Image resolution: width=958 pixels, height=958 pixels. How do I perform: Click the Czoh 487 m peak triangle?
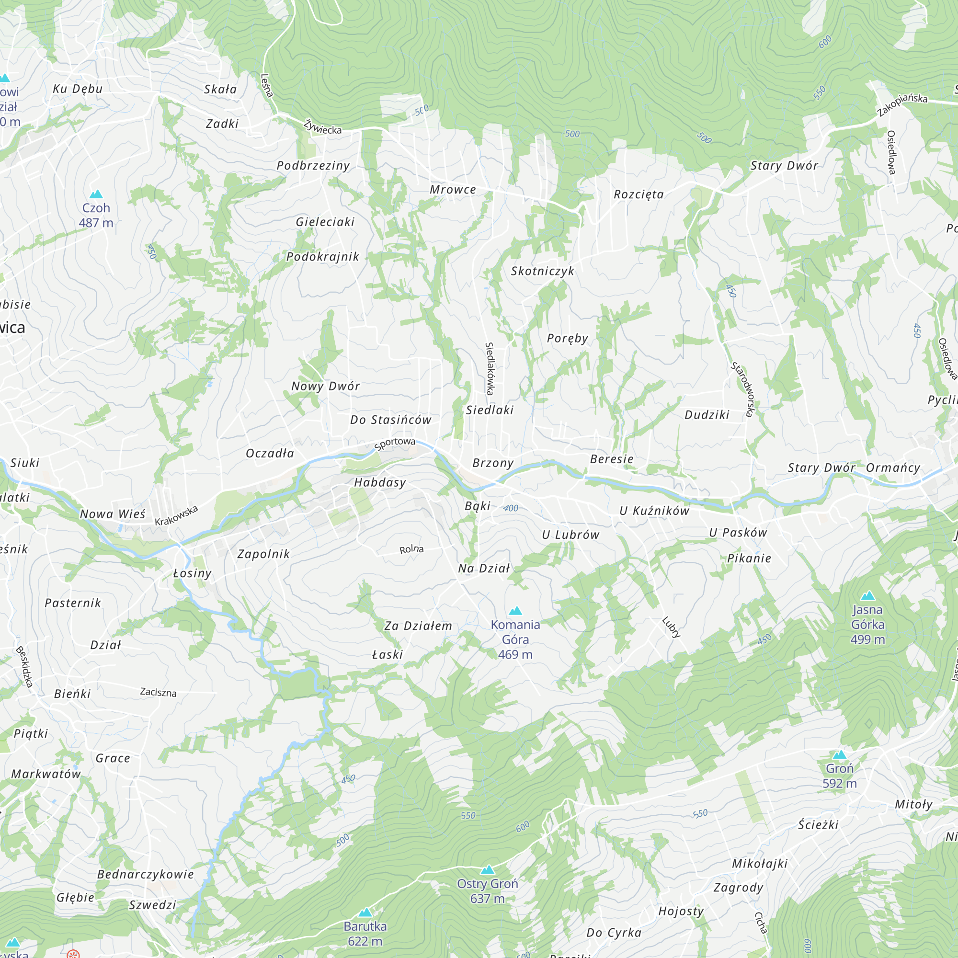[96, 194]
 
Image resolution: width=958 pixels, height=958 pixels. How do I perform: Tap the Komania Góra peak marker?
[516, 610]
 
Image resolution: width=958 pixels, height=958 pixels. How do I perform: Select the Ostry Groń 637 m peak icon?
[488, 870]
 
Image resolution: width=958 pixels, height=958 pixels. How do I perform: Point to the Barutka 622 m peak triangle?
[365, 912]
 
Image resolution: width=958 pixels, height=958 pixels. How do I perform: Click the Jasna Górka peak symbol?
[868, 595]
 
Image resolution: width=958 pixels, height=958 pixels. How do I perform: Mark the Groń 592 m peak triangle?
[840, 755]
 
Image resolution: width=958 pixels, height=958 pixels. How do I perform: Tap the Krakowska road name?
[177, 515]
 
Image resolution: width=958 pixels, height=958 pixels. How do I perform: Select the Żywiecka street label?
[323, 126]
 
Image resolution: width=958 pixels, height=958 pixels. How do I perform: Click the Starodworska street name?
[742, 389]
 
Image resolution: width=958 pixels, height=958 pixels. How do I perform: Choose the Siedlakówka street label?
[490, 368]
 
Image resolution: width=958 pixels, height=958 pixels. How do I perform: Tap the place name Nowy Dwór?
[325, 386]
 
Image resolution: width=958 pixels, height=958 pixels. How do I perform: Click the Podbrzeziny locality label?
[313, 166]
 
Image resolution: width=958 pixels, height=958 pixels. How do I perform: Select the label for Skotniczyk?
[543, 271]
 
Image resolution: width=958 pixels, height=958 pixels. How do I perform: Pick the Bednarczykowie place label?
[145, 874]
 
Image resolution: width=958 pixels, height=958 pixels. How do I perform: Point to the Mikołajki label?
[760, 863]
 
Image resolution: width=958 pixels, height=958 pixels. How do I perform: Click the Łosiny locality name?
[193, 573]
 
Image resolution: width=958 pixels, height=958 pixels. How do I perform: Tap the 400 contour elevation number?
[511, 508]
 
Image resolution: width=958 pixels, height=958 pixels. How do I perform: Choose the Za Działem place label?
[418, 626]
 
